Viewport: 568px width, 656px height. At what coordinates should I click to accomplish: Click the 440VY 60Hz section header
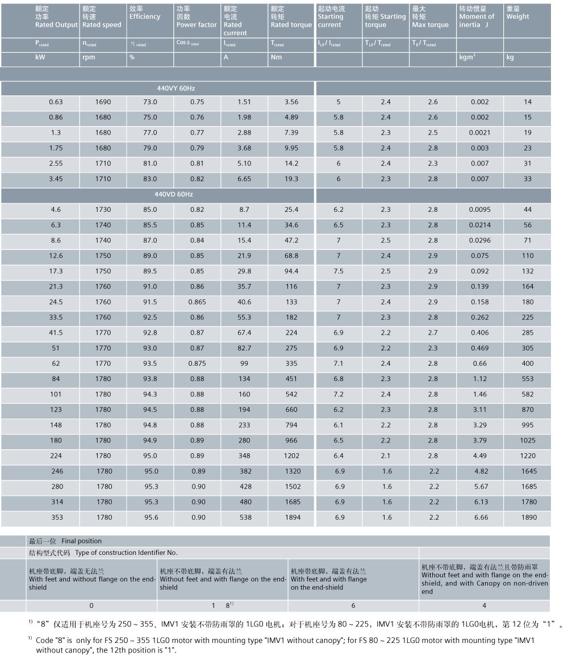pyautogui.click(x=176, y=88)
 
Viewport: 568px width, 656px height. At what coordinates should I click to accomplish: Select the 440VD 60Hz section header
pyautogui.click(x=174, y=194)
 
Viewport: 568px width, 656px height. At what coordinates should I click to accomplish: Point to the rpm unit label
pyautogui.click(x=89, y=57)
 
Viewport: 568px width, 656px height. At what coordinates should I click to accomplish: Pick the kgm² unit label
pyautogui.click(x=467, y=57)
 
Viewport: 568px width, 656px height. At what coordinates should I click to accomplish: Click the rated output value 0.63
pyautogui.click(x=56, y=102)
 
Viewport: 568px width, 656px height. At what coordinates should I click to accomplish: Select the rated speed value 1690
pyautogui.click(x=103, y=102)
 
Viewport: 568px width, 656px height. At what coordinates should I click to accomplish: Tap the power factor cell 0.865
pyautogui.click(x=197, y=302)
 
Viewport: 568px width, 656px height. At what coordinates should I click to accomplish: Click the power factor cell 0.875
pyautogui.click(x=197, y=363)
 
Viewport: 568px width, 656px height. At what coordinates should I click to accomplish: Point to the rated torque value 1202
pyautogui.click(x=291, y=456)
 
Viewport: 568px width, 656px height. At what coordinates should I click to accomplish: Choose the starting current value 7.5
pyautogui.click(x=339, y=271)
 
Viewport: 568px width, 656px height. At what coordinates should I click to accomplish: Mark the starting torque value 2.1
pyautogui.click(x=386, y=456)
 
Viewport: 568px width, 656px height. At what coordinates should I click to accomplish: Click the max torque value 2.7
pyautogui.click(x=433, y=333)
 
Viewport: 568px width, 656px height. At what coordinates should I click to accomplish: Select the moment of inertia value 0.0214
pyautogui.click(x=480, y=225)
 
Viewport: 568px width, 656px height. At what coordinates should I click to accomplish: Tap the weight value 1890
pyautogui.click(x=529, y=517)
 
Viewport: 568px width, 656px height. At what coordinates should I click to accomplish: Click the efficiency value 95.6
pyautogui.click(x=152, y=517)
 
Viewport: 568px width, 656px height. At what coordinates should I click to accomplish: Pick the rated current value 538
pyautogui.click(x=245, y=517)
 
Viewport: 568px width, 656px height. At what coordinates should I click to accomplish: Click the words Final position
pyautogui.click(x=82, y=541)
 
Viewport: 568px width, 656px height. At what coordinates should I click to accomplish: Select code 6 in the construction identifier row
pyautogui.click(x=353, y=605)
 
